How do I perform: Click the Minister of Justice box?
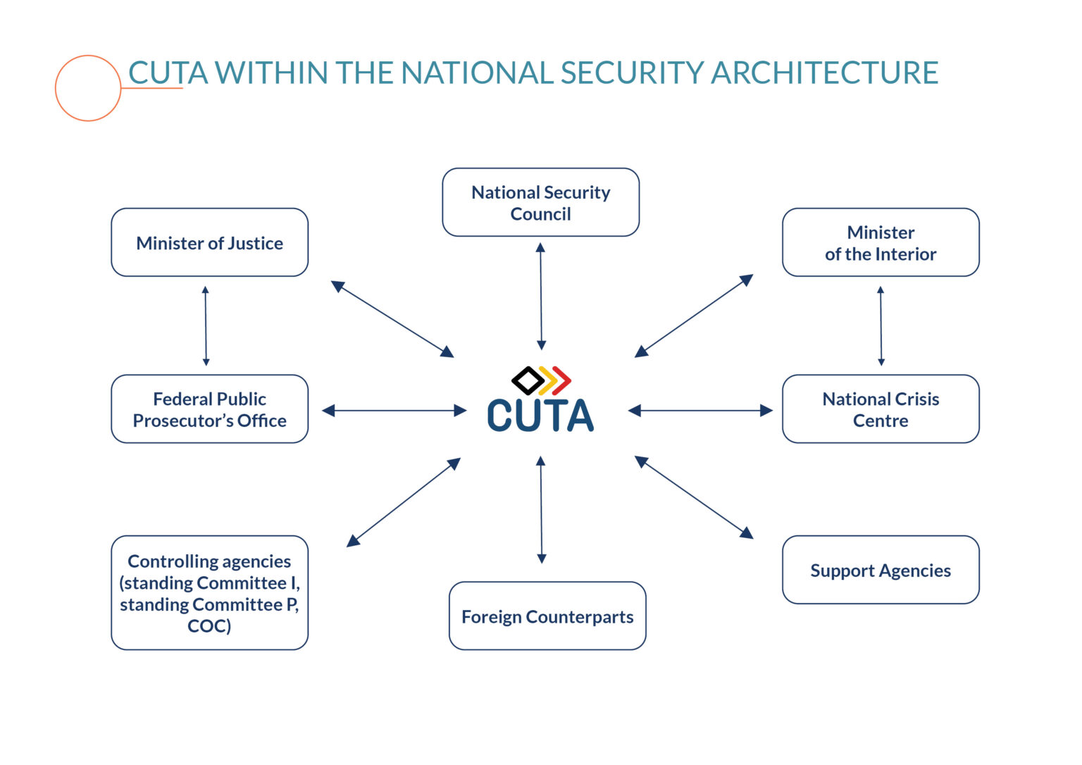point(210,242)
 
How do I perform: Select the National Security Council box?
point(540,202)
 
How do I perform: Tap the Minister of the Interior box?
point(881,242)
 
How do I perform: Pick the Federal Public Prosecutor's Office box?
point(210,409)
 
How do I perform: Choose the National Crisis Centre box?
point(881,409)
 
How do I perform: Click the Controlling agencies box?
point(210,592)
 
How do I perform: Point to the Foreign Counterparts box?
point(547,616)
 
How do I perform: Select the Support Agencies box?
point(881,570)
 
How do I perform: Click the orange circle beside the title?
point(56,88)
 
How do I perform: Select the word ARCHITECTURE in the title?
point(825,73)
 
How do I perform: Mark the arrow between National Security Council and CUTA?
point(541,296)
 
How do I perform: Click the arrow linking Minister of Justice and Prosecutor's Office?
point(206,325)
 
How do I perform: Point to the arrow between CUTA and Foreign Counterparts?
point(541,509)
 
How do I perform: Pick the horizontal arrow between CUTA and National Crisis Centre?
point(700,411)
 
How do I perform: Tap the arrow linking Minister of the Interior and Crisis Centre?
point(881,325)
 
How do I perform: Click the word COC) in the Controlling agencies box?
point(209,626)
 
